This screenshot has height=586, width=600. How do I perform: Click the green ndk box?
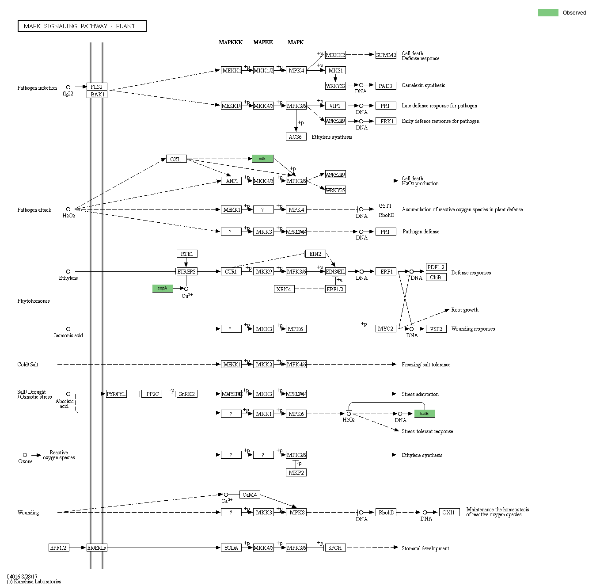click(x=262, y=159)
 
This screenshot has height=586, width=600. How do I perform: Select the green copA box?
click(x=163, y=288)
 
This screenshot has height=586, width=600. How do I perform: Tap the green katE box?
click(x=424, y=414)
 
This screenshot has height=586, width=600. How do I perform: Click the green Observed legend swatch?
click(x=548, y=13)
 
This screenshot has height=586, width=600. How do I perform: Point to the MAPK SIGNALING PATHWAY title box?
click(x=82, y=26)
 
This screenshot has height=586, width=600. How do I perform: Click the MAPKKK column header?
click(x=231, y=42)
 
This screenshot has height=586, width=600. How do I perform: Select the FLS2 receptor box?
click(x=97, y=87)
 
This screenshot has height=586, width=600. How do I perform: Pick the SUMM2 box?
click(x=386, y=55)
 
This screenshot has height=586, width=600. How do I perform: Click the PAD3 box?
click(x=385, y=86)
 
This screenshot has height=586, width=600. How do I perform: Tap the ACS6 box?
click(x=296, y=137)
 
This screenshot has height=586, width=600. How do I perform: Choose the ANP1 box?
click(x=232, y=181)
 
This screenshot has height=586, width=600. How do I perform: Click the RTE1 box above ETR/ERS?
click(x=187, y=254)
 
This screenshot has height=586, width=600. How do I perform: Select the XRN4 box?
click(x=284, y=289)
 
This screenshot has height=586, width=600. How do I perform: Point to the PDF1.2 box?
click(x=436, y=267)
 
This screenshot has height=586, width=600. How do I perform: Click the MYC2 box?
click(x=386, y=329)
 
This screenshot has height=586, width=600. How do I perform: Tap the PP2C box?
click(x=152, y=394)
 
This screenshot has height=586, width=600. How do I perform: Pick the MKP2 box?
click(x=296, y=472)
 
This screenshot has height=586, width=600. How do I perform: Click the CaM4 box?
click(x=250, y=495)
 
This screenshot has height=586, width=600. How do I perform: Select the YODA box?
click(x=231, y=548)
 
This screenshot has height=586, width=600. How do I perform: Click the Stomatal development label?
click(x=425, y=548)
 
